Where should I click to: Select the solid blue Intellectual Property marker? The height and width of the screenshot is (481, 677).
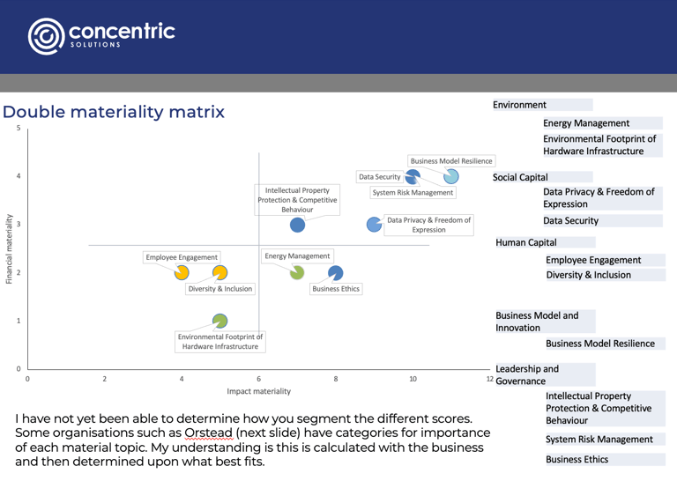tap(298, 225)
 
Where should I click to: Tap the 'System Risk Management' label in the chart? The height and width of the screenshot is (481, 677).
tap(413, 192)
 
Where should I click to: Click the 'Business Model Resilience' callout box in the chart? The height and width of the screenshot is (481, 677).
tap(451, 161)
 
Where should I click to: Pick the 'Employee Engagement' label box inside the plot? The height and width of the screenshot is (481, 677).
tap(182, 257)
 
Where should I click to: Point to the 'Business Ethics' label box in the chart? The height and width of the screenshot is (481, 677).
tap(335, 288)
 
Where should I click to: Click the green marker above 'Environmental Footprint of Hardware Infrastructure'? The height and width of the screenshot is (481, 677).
tap(219, 321)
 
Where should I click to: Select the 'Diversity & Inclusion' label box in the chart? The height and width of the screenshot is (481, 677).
tap(219, 288)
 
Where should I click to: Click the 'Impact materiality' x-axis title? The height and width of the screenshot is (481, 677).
tap(258, 390)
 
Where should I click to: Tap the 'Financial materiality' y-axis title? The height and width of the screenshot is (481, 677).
tap(9, 248)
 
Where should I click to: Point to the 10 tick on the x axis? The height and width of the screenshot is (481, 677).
tap(413, 379)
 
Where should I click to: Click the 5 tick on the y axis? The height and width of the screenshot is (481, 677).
tap(19, 129)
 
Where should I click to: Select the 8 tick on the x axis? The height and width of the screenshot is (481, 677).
tap(336, 379)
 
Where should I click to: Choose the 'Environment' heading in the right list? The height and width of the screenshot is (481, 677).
tap(519, 105)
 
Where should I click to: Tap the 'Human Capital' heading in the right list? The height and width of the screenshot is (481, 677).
tap(526, 242)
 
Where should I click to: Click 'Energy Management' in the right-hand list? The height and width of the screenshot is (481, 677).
tap(586, 123)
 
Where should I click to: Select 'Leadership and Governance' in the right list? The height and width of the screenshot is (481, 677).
tap(527, 374)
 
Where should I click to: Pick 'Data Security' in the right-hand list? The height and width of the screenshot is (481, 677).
tap(570, 220)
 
